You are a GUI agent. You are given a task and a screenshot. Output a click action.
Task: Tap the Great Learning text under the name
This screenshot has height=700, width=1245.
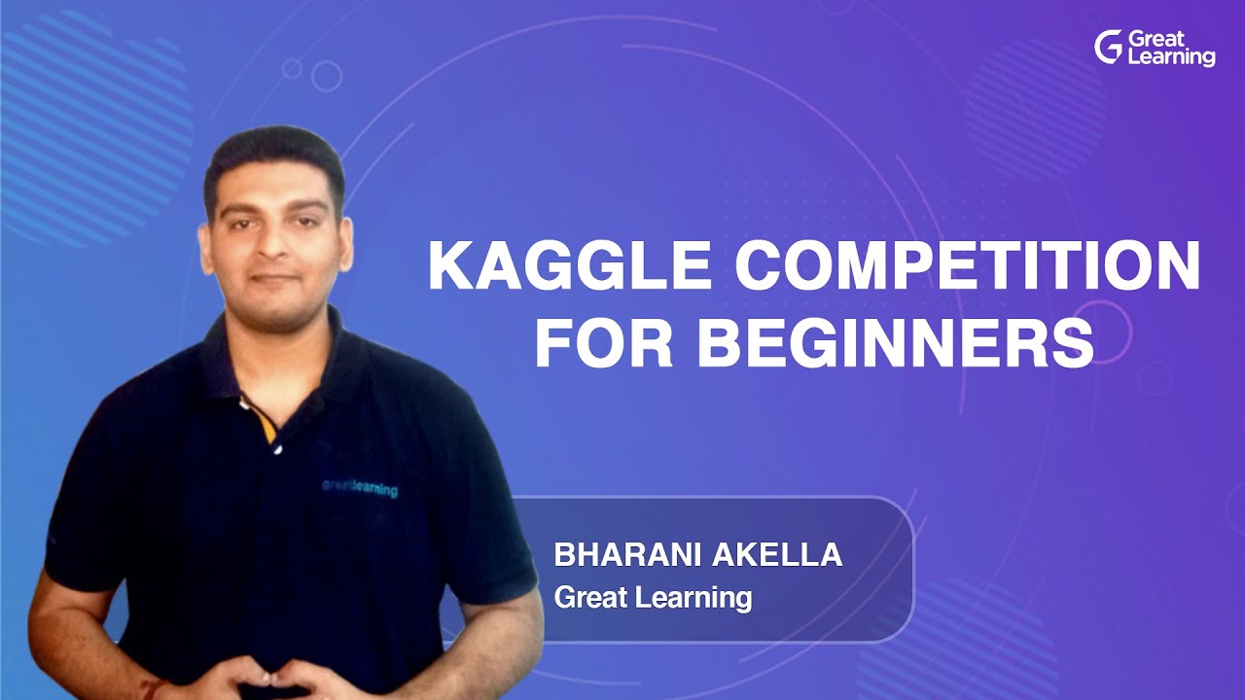tap(653, 597)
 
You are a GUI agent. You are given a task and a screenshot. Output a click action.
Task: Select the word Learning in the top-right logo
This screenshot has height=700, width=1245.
tap(1171, 57)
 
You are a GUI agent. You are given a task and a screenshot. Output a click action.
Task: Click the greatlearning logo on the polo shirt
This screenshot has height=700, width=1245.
tap(360, 487)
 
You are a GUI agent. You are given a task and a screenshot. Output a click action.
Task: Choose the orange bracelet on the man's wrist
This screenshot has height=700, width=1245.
tap(157, 688)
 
